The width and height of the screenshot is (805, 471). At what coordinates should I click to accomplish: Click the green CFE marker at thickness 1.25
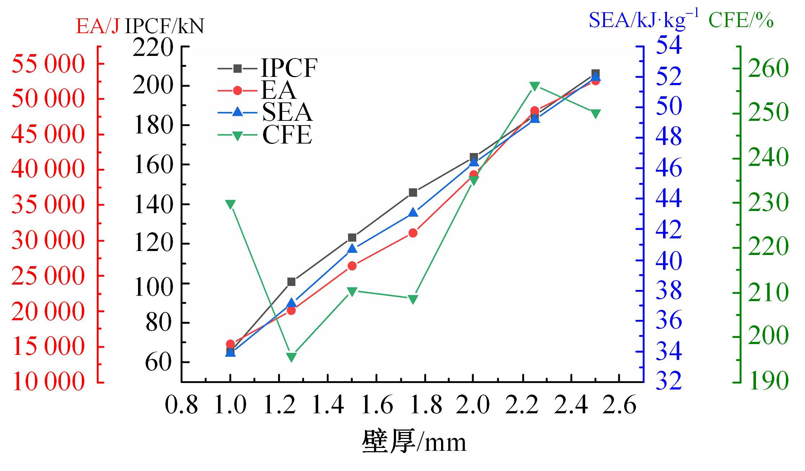tap(291, 357)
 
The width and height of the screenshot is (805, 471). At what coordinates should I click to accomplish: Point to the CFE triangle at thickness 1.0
tap(230, 204)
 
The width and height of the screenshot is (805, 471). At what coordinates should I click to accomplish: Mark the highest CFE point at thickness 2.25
tap(535, 86)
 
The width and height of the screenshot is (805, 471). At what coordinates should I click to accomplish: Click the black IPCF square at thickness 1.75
tap(413, 193)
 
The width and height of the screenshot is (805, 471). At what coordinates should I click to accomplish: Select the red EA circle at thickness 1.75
tap(413, 233)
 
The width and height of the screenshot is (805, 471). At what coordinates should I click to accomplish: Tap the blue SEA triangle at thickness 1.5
tap(352, 248)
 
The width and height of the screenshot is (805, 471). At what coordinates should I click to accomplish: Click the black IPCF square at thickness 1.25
tap(291, 282)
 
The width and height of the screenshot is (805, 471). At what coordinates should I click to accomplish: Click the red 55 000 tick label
tap(48, 64)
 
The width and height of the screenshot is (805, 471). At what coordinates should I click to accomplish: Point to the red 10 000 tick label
tap(48, 382)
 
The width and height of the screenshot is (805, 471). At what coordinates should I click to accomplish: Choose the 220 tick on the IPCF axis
tap(153, 47)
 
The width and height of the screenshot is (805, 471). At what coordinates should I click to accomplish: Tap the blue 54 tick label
tap(669, 45)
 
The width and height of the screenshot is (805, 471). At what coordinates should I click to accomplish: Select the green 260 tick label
tap(768, 68)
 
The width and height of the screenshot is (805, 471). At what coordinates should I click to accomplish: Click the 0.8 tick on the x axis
tap(181, 405)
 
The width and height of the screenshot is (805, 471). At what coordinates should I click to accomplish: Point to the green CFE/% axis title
tap(741, 20)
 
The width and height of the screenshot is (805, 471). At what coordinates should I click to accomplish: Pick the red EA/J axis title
tap(97, 26)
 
